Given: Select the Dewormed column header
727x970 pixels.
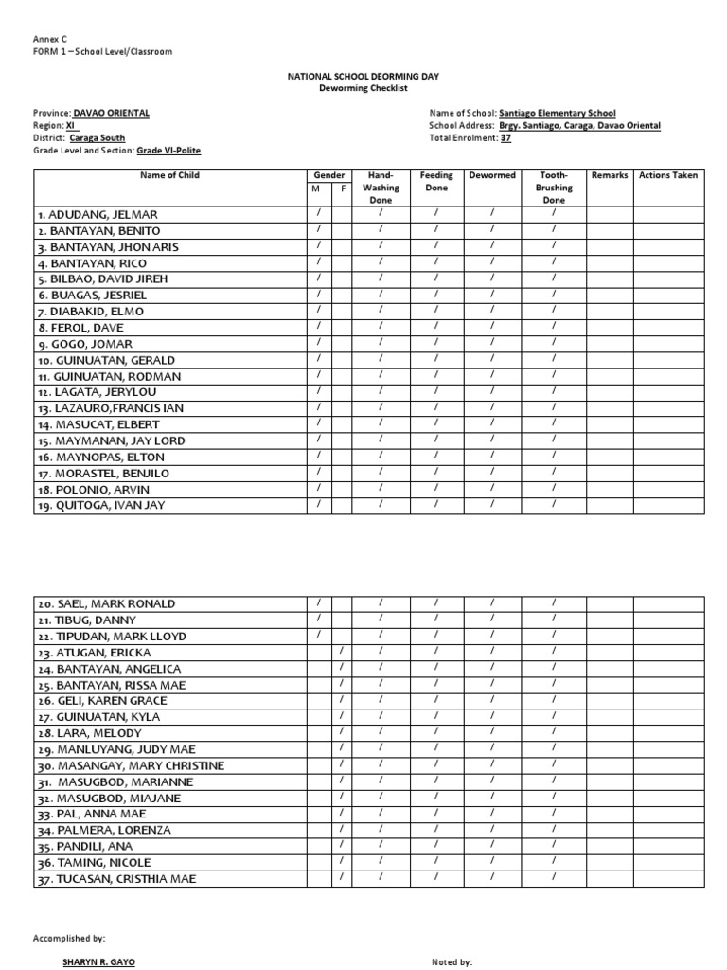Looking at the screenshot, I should (x=491, y=176).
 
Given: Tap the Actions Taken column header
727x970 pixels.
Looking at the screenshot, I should (x=668, y=176).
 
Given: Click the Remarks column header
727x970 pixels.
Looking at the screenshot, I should (x=609, y=176).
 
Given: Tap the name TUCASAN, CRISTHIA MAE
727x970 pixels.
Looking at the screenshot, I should (x=116, y=879).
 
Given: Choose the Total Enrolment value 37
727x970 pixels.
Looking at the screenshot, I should (x=505, y=138).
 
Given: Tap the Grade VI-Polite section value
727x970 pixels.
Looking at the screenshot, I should (x=168, y=151).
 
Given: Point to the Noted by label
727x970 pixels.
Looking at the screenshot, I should (x=452, y=962).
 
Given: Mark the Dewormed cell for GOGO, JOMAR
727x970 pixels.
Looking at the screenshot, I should (x=491, y=343).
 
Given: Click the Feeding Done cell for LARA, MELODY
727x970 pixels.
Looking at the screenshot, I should (x=436, y=732).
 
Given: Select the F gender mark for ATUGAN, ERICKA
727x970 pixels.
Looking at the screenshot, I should (x=342, y=652).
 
